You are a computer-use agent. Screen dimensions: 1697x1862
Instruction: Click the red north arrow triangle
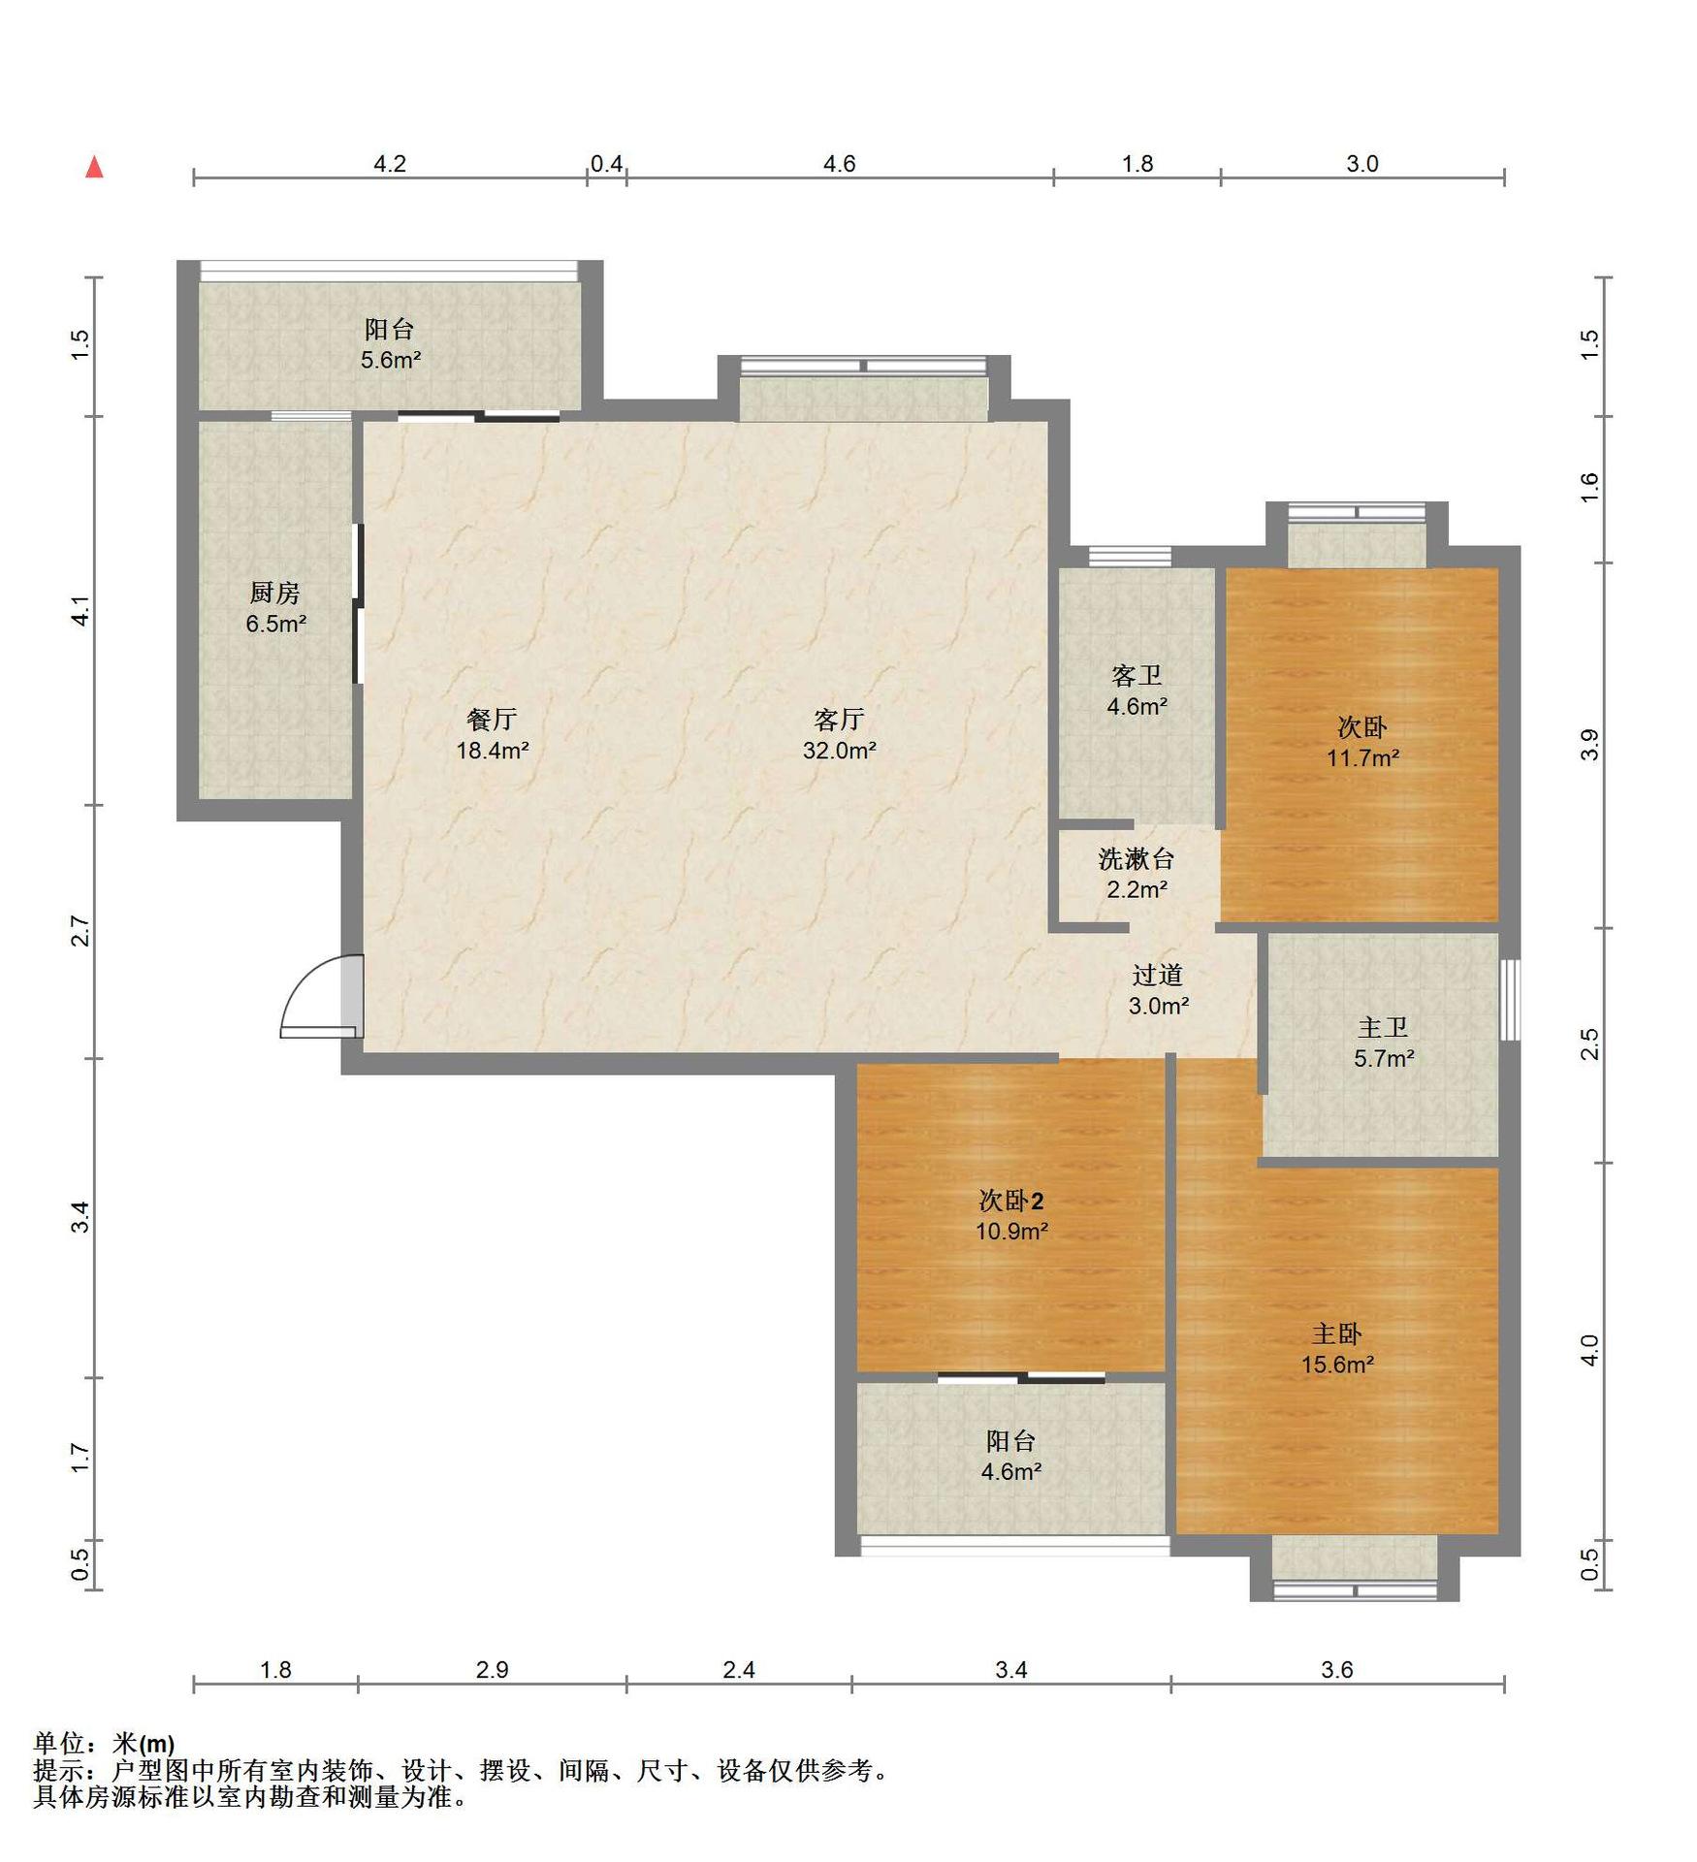click(94, 167)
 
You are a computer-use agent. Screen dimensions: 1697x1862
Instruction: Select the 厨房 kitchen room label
click(274, 593)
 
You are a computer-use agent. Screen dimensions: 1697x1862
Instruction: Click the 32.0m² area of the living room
click(840, 750)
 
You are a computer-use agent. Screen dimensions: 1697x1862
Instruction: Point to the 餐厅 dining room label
click(492, 720)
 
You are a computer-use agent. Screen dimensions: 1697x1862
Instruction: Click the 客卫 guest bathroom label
click(1137, 676)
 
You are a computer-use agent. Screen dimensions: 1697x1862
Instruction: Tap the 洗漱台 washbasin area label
click(1137, 859)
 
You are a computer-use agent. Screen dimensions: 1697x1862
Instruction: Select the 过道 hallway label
click(1158, 976)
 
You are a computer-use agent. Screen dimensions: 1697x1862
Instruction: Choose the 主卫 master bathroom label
click(1383, 1028)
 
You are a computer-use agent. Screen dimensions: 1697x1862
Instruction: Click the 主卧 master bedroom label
click(1337, 1334)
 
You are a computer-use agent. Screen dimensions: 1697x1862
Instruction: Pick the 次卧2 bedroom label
click(1011, 1202)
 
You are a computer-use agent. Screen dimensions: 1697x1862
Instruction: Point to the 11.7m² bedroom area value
click(1362, 757)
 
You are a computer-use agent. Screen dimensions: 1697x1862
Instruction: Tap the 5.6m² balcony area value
click(391, 360)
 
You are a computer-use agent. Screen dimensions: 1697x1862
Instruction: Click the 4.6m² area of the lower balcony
click(1011, 1471)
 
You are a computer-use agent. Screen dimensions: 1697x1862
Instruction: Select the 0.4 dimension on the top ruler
click(607, 164)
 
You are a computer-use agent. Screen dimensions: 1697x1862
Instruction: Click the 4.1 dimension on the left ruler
click(81, 611)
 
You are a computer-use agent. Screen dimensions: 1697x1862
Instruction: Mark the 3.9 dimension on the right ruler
click(1589, 745)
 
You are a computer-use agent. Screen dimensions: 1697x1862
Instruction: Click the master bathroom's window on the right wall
click(1510, 1000)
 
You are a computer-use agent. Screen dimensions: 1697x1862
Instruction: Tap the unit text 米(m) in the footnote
click(144, 1744)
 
